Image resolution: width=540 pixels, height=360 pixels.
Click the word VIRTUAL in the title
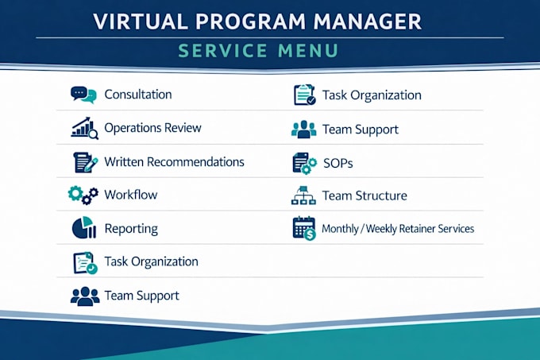click(141, 21)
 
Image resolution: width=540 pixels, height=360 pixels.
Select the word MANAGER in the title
click(368, 21)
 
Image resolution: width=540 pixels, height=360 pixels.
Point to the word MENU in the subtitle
click(308, 51)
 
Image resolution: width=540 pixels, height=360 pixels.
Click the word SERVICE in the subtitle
click(222, 51)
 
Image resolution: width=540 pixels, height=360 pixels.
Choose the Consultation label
click(138, 95)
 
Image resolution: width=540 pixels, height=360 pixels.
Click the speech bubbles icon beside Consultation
click(83, 95)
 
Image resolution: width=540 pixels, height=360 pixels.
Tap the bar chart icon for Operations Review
click(84, 128)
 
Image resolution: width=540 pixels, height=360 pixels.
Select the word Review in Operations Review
click(183, 128)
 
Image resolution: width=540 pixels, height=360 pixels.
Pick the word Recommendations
click(195, 162)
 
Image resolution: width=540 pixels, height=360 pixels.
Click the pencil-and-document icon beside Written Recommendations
click(86, 162)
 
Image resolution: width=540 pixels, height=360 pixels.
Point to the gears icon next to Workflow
click(83, 195)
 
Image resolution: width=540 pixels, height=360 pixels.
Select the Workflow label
click(131, 195)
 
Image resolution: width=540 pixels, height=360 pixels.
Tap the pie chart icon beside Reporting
click(84, 228)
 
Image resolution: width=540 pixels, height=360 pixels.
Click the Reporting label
click(131, 229)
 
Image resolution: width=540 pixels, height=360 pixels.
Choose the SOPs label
click(337, 163)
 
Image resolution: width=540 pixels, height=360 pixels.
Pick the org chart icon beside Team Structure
click(303, 195)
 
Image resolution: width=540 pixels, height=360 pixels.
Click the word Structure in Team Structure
click(381, 195)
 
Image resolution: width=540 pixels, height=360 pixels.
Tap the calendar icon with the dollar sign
click(304, 228)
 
